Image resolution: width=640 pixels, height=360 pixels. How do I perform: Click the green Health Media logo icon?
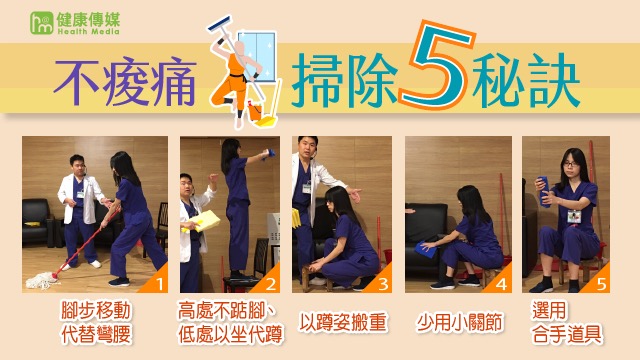click(x=42, y=23)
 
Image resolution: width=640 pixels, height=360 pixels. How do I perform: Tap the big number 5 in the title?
click(x=436, y=64)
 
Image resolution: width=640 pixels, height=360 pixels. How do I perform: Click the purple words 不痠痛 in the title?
click(x=125, y=83)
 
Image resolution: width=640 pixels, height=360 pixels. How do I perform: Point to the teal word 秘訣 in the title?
click(x=526, y=80)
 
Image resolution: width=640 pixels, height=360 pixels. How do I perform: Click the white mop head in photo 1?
click(x=42, y=280)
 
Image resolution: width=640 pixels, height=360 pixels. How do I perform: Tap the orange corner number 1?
click(x=159, y=284)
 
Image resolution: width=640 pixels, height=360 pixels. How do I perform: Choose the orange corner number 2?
click(x=271, y=284)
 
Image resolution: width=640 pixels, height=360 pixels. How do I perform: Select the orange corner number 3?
click(x=383, y=284)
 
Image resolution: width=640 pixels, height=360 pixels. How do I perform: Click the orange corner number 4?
click(x=501, y=284)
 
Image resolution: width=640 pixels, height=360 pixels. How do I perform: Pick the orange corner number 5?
click(x=601, y=284)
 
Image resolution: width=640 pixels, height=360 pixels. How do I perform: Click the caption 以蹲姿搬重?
click(x=342, y=322)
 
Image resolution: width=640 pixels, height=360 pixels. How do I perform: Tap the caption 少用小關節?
click(x=459, y=322)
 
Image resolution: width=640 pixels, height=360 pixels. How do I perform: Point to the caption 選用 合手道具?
click(x=566, y=322)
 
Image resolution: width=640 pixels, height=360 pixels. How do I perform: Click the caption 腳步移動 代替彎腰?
click(x=96, y=322)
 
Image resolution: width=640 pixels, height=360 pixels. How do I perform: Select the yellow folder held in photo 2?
click(x=204, y=221)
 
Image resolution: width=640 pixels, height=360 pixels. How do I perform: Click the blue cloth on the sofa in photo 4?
click(x=426, y=250)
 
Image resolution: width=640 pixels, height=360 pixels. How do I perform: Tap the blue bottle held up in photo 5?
click(x=544, y=191)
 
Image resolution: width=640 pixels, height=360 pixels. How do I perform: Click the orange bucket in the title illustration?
click(x=255, y=112)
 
